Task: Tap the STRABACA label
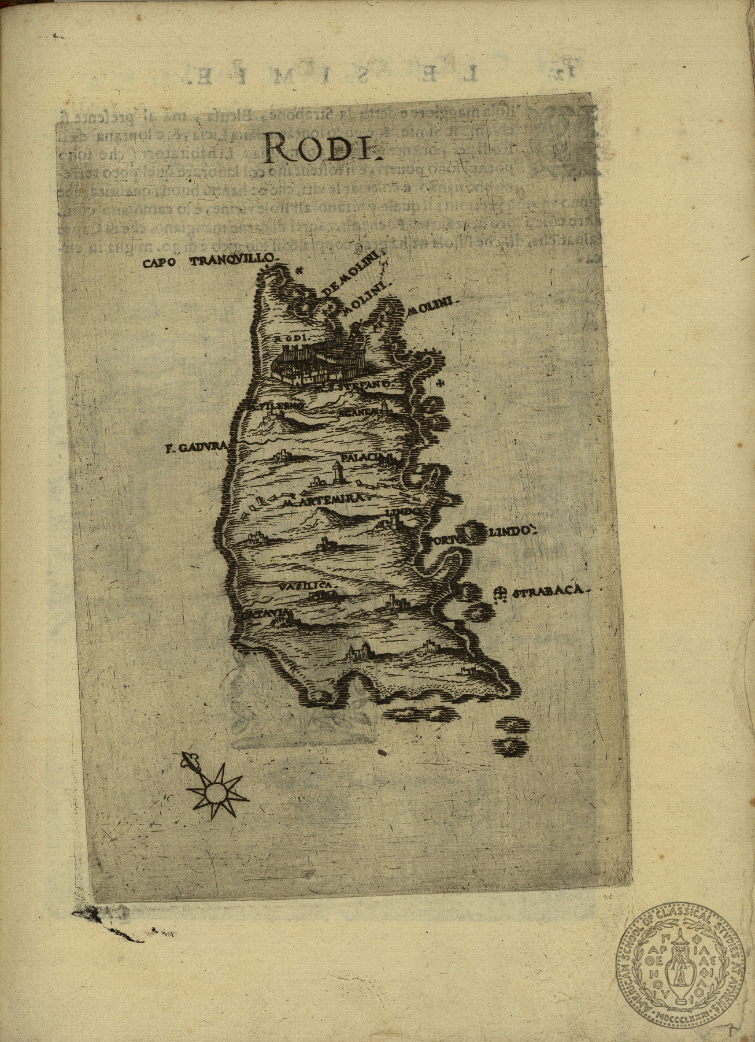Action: (x=549, y=592)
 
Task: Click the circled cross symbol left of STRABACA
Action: (x=501, y=592)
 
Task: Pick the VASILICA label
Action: (x=306, y=586)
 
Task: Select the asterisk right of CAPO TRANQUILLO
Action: (x=299, y=269)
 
